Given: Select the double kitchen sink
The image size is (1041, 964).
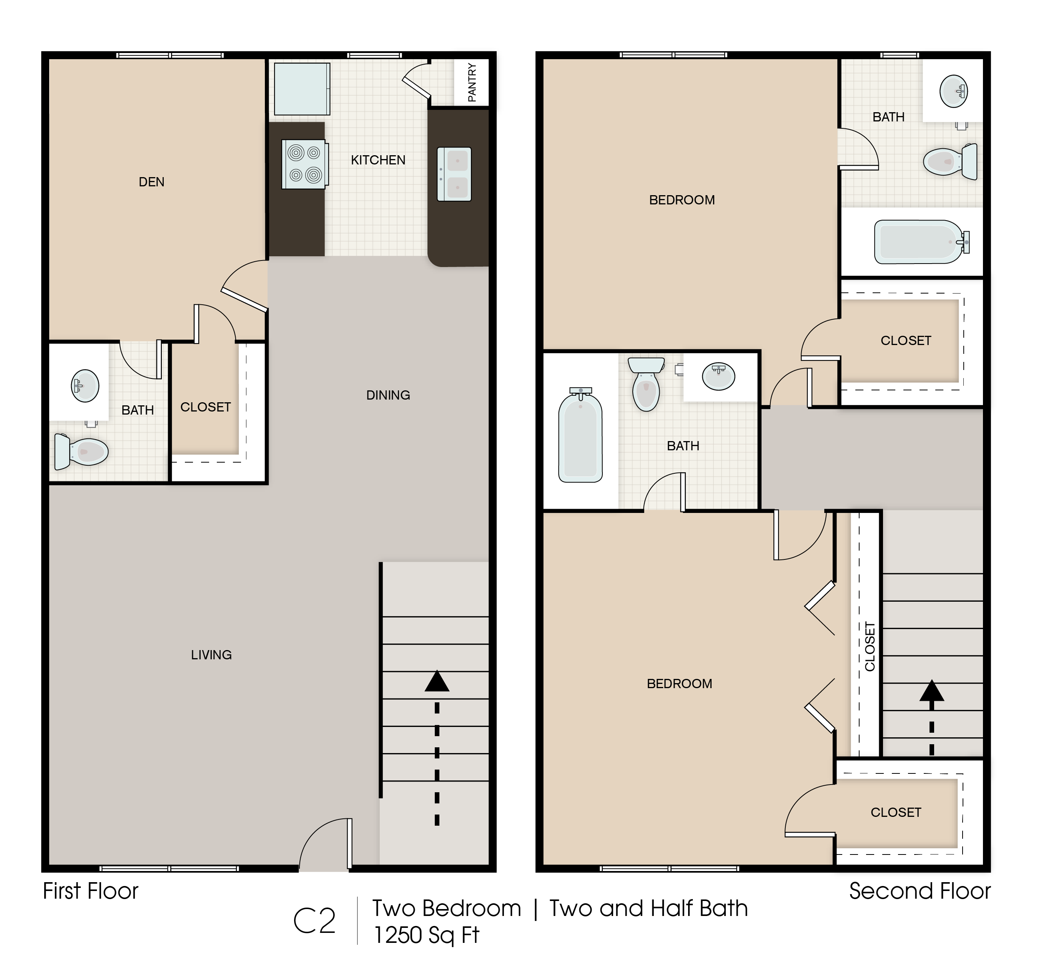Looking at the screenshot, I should pos(454,174).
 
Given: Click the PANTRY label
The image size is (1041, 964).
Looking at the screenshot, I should pos(472,83).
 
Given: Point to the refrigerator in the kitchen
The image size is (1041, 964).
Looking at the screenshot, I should pos(302,89).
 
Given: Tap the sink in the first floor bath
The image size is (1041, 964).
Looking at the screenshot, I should pos(85,386).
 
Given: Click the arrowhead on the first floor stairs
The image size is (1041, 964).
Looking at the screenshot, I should pos(437,682).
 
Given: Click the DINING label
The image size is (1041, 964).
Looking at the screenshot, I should pos(388,395).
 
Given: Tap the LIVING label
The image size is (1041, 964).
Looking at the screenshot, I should pos(211,655).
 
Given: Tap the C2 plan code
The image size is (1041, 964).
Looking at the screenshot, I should pos(314,921).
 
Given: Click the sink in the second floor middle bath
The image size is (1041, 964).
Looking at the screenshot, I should pos(718,376).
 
